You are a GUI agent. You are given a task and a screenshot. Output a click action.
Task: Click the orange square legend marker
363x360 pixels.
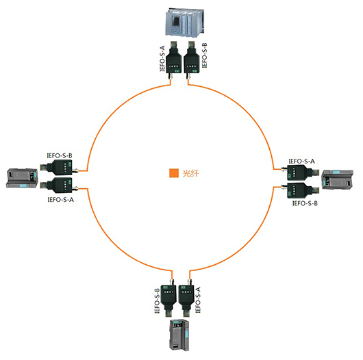174,173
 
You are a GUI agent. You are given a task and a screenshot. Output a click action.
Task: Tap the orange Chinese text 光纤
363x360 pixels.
190,173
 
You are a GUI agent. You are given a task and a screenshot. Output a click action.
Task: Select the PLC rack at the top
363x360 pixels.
185,23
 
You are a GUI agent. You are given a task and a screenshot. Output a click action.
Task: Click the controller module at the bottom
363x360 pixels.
179,335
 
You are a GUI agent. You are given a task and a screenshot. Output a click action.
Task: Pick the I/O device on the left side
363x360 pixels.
22,178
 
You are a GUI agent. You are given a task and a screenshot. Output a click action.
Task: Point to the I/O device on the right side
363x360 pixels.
338,179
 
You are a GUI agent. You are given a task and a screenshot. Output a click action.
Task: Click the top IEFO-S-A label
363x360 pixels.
162,59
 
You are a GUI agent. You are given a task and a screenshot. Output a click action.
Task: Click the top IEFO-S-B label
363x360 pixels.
204,55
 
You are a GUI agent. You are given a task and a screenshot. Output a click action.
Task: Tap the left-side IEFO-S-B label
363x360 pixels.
60,155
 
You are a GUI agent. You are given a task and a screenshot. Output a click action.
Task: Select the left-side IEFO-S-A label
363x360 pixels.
61,199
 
